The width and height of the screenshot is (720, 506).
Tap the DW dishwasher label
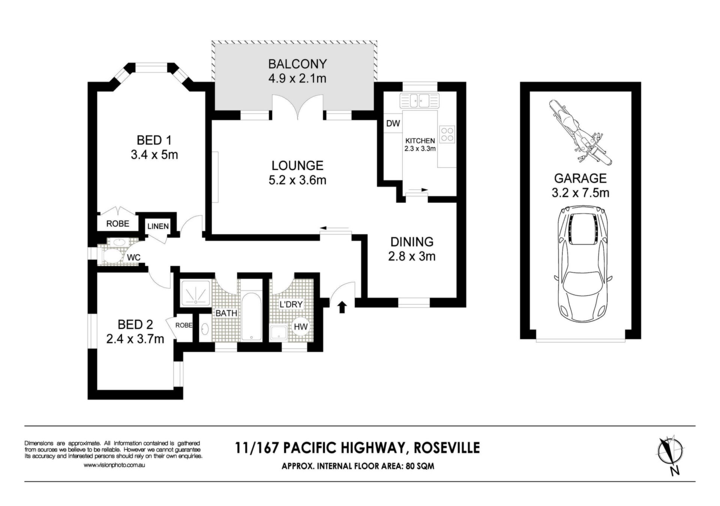point(393,123)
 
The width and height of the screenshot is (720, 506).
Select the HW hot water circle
point(301,326)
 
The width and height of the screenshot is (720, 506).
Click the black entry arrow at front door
point(342,306)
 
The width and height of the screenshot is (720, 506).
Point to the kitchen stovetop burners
point(447,134)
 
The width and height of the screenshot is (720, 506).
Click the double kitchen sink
point(419,100)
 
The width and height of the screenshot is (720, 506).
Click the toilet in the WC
point(112,256)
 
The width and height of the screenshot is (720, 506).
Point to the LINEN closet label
point(158,226)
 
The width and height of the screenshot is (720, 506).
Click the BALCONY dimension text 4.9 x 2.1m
point(297,79)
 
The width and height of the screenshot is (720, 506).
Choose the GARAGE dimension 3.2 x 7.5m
point(580,193)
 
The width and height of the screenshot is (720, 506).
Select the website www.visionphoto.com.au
point(114,465)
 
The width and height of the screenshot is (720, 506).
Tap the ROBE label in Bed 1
point(118,223)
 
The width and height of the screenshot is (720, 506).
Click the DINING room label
point(412,242)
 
